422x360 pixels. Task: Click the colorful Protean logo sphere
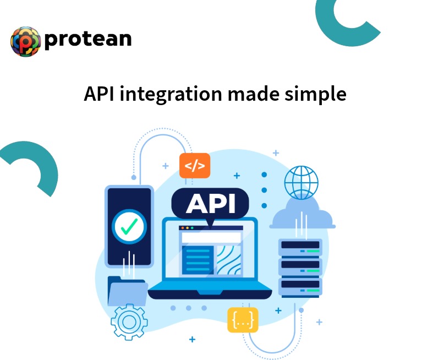26,41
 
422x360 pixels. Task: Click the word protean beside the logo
88,39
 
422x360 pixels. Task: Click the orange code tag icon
195,166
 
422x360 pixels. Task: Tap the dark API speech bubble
211,203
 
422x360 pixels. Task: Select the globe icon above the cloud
301,183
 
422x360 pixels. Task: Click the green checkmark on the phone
129,226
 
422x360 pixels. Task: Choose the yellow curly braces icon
243,320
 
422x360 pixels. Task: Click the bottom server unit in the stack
300,286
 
